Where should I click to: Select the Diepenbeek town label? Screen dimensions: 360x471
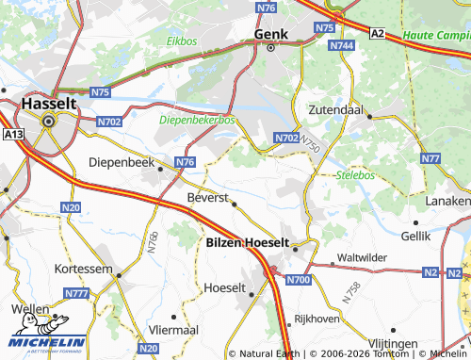[x=121, y=161]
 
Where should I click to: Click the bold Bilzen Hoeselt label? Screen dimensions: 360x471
[x=247, y=242]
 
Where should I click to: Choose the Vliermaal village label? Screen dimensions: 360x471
[x=173, y=330]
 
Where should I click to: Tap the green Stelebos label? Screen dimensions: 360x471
[x=356, y=174]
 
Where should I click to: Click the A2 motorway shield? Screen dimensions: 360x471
[x=377, y=33]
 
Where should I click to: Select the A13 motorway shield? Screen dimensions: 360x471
[x=13, y=136]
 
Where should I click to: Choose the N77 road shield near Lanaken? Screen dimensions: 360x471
[x=430, y=157]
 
